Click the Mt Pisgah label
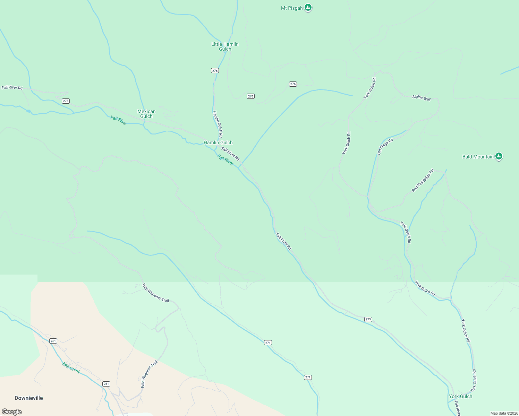pos(291,8)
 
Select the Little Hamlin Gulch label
pos(225,46)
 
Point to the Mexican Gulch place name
pos(146,114)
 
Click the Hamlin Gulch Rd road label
pos(217,124)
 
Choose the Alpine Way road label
pos(421,98)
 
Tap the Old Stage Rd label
pos(385,146)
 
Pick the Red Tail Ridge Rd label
pos(423,180)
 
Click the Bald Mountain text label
pos(478,157)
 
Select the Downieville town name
pos(29,398)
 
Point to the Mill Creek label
pos(71,368)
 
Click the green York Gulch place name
pos(460,396)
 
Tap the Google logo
pos(11,412)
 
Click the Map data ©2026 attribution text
pos(504,413)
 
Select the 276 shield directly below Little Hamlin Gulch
pos(215,71)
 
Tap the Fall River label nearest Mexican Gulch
pos(119,120)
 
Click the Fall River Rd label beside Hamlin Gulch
pos(230,154)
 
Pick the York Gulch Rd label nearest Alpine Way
pos(369,88)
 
